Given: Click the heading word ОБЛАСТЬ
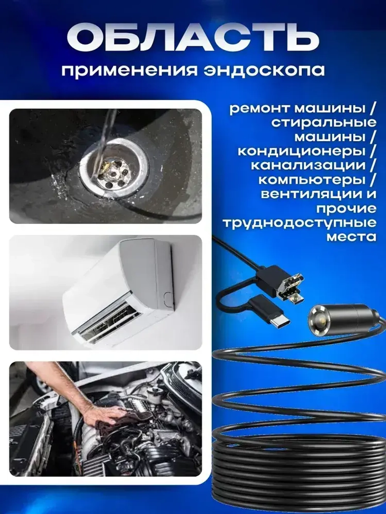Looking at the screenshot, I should click(193, 39).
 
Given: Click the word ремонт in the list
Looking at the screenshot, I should click(259, 108).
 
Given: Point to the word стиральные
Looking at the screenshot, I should click(323, 123).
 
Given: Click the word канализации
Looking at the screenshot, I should click(308, 165).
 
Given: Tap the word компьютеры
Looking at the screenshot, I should click(312, 180).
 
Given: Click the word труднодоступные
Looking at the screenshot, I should click(299, 223).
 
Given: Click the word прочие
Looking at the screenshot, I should click(346, 209).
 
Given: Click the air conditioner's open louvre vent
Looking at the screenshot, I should click(110, 318).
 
